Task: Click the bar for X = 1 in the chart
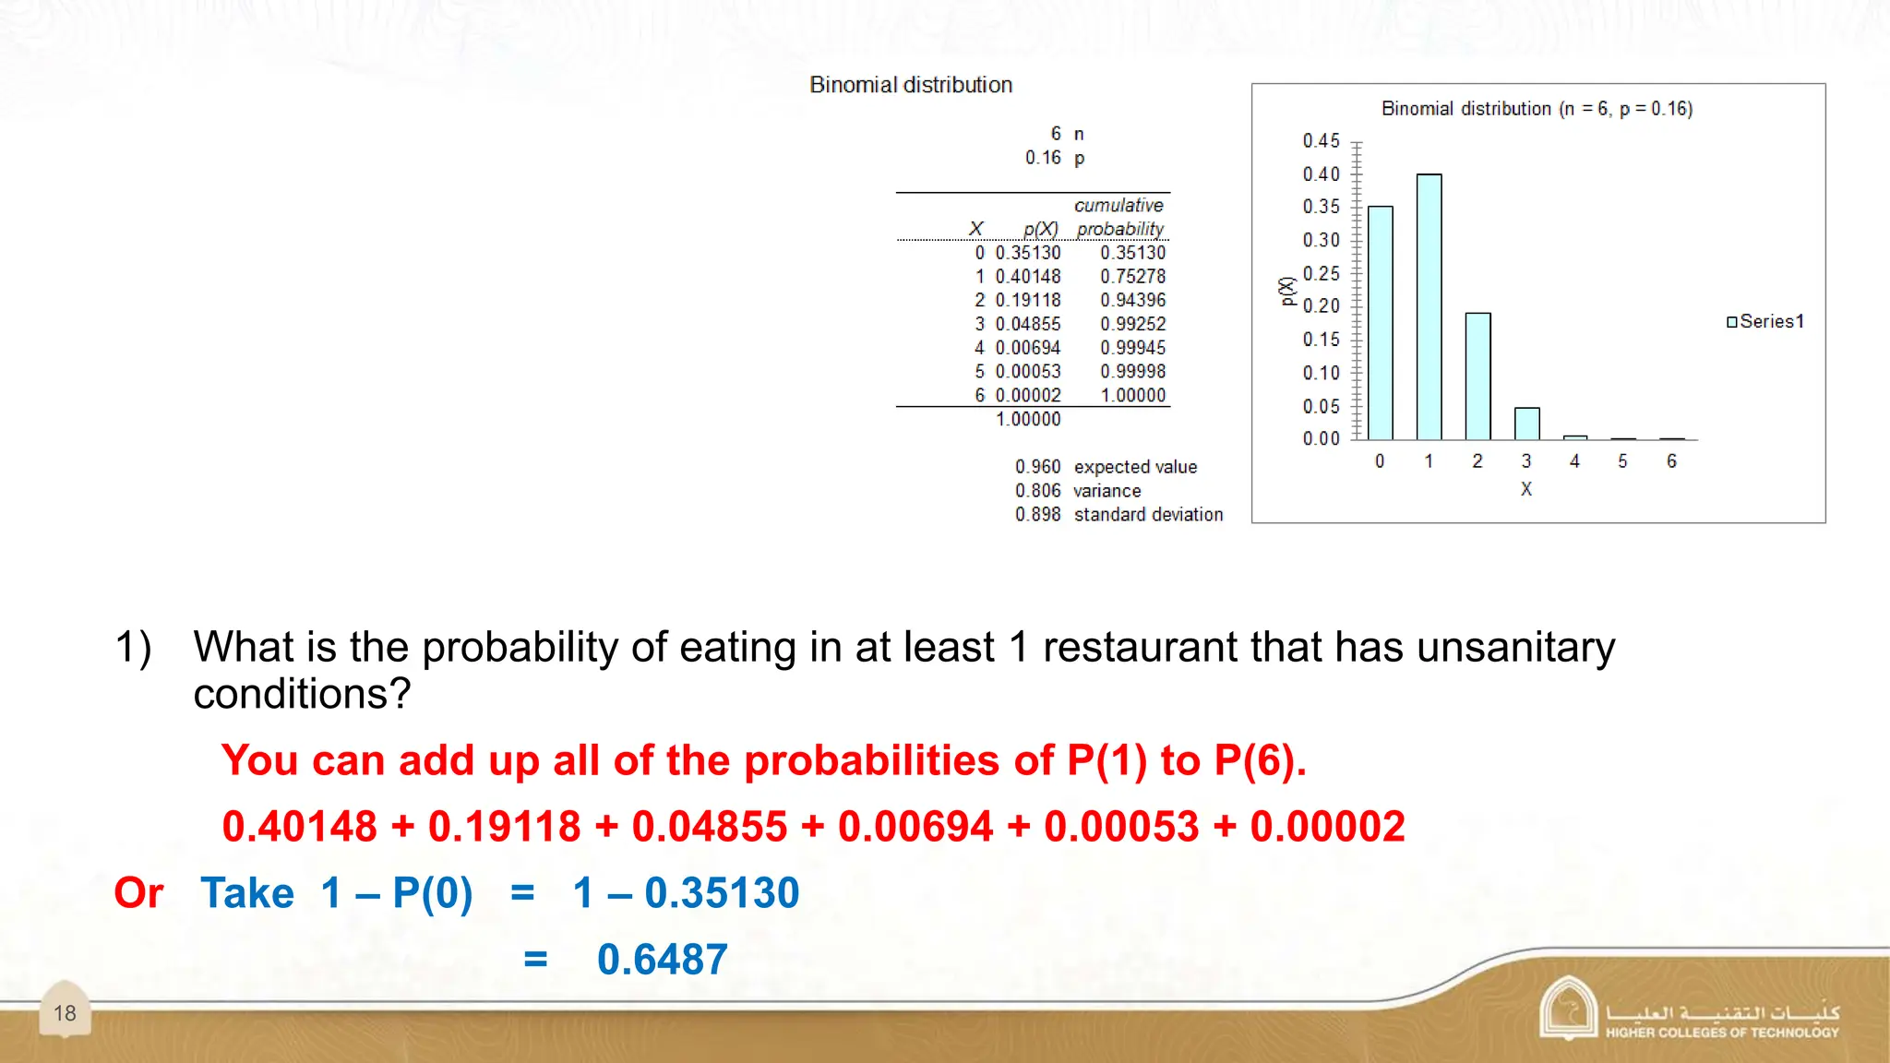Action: click(1429, 306)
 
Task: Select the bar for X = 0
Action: click(1380, 323)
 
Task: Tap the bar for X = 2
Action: click(1477, 376)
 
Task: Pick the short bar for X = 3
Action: click(1526, 424)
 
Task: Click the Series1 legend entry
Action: click(1764, 321)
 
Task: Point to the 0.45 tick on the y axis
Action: click(1321, 141)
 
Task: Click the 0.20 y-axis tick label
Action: click(1321, 305)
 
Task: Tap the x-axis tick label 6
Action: click(1671, 461)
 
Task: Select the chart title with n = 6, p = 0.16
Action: click(1537, 109)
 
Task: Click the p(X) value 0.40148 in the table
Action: click(1028, 277)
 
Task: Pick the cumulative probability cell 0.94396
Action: click(1132, 301)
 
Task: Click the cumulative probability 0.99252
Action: click(1132, 325)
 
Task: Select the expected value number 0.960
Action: click(1037, 467)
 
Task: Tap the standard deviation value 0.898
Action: click(1037, 515)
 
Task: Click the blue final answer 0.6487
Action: click(662, 960)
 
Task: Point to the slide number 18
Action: click(65, 1013)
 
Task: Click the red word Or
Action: click(138, 893)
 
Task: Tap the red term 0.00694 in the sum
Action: click(915, 827)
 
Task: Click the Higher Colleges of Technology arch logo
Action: click(1568, 1009)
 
